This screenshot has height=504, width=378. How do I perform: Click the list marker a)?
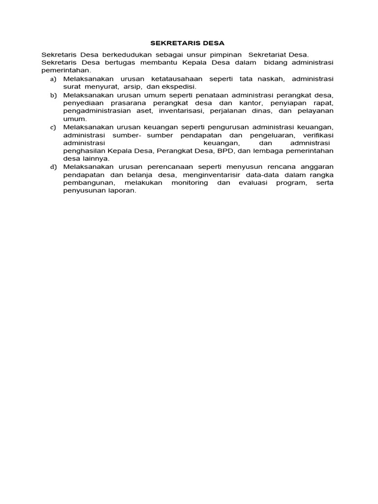[x=53, y=79]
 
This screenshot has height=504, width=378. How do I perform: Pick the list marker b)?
[x=53, y=95]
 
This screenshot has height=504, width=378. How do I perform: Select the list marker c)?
[x=53, y=127]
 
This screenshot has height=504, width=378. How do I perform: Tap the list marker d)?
[x=53, y=167]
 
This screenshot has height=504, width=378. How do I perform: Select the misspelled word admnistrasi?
[x=309, y=143]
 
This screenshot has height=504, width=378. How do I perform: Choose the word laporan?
[x=120, y=190]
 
